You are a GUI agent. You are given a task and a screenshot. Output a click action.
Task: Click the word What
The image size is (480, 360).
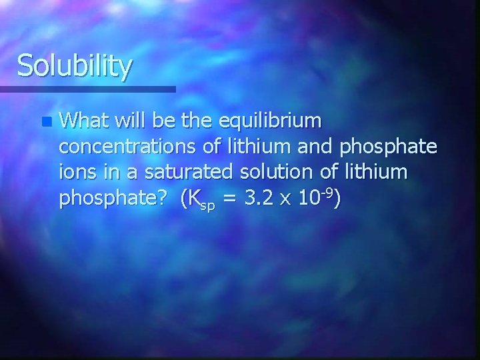(84, 121)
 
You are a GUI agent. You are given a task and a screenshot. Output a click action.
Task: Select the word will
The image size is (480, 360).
(131, 121)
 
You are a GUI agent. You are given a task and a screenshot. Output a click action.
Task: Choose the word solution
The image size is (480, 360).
(274, 173)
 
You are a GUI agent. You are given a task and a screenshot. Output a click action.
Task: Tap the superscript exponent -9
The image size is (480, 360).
(325, 193)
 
